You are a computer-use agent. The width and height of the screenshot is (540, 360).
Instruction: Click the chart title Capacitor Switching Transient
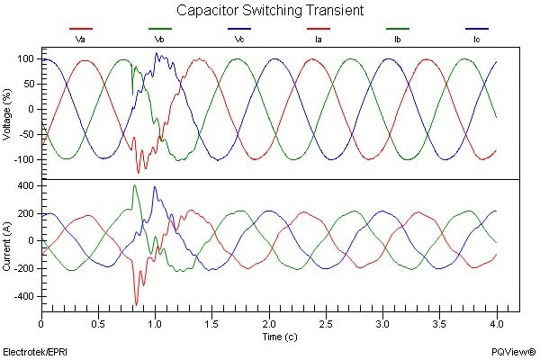[x=270, y=12]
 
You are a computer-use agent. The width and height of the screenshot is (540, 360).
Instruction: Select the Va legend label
[x=80, y=40]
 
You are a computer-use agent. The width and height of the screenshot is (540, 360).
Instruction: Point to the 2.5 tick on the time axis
[x=326, y=322]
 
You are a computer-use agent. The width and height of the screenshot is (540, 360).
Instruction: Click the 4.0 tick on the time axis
[x=497, y=322]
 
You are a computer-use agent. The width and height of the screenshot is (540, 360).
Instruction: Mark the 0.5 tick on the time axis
[x=98, y=322]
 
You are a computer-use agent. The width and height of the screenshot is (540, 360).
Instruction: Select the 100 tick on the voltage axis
[x=25, y=58]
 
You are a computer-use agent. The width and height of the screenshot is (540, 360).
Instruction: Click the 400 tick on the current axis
[x=25, y=185]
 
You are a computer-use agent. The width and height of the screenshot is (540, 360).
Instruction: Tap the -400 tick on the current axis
[x=23, y=296]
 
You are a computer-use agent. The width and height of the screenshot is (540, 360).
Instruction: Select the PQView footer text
[x=510, y=348]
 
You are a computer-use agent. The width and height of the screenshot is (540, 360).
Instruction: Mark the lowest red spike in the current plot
[x=136, y=304]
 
